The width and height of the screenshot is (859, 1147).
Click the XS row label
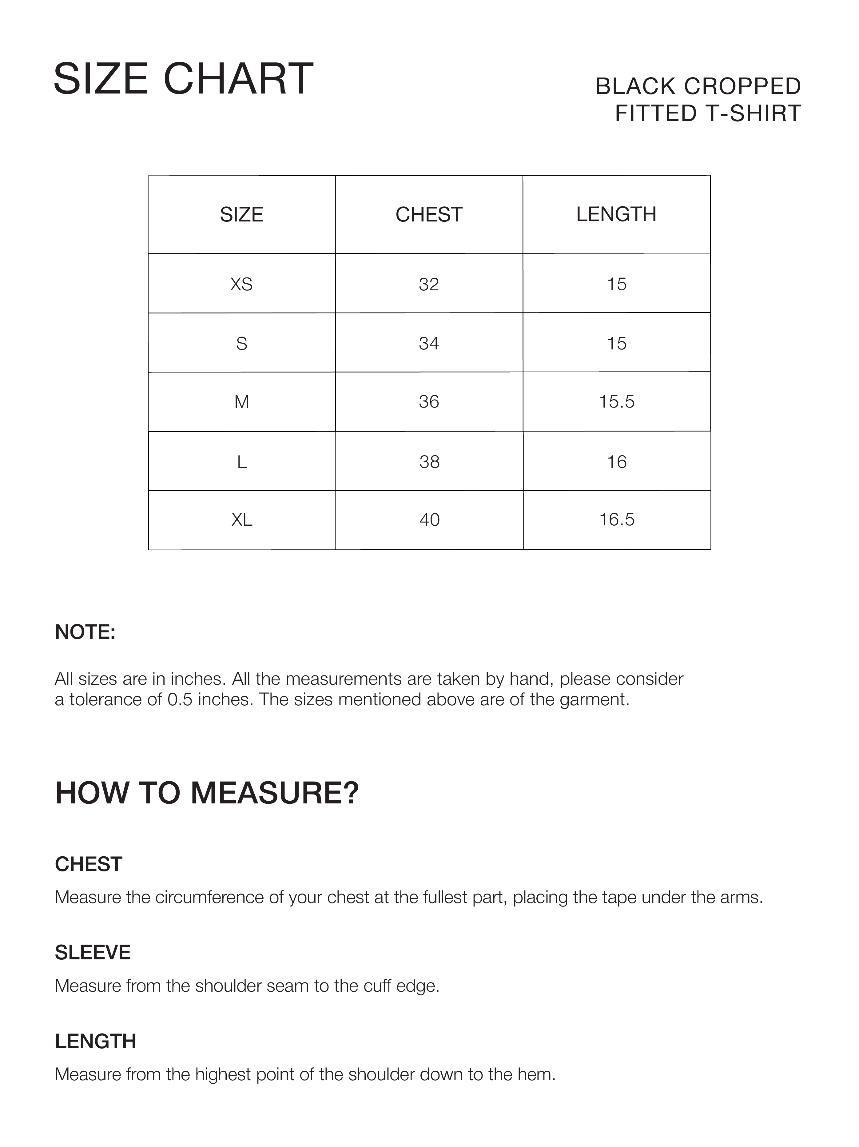click(241, 284)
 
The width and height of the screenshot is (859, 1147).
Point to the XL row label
click(241, 520)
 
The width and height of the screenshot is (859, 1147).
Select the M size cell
click(241, 402)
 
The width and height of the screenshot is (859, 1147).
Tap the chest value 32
click(429, 284)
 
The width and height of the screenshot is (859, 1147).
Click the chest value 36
click(429, 402)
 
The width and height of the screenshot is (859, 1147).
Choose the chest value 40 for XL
click(429, 520)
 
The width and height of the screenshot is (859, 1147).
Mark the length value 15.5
click(616, 402)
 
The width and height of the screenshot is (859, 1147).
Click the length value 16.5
click(616, 520)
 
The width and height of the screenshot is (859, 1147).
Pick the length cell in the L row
click(616, 461)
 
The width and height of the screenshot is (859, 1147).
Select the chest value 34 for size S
click(429, 343)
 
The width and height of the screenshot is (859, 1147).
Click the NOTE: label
click(85, 632)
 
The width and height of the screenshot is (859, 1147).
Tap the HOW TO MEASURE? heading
click(207, 793)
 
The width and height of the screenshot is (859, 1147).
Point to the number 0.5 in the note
click(180, 699)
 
